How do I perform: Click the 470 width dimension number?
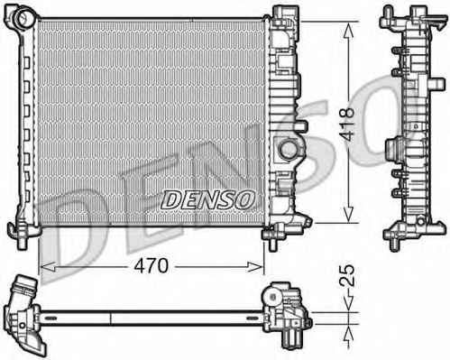tap(152, 266)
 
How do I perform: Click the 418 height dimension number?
tap(349, 125)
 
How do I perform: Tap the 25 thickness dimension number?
tap(349, 275)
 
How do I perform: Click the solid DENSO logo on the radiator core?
tap(207, 199)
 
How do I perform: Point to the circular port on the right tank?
tap(289, 149)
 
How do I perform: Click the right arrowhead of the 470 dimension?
tap(255, 266)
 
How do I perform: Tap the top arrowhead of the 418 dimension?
tap(348, 31)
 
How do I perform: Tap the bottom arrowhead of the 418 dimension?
tap(348, 215)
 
